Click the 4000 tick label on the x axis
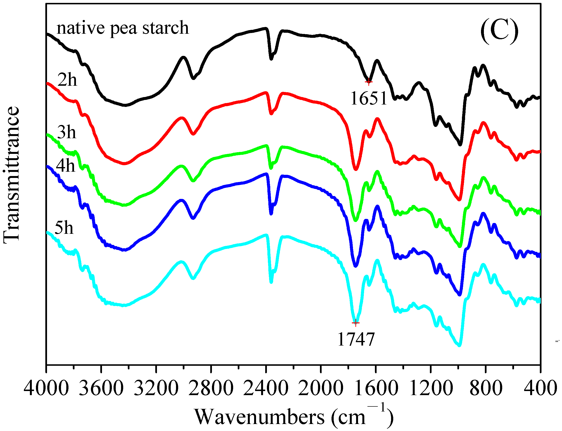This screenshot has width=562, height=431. (46, 388)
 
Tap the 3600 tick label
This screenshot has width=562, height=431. (101, 388)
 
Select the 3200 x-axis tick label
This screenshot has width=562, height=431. (156, 388)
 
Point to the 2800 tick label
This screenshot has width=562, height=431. (211, 388)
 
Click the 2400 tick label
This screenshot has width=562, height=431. (266, 388)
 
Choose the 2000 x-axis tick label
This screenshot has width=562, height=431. (321, 388)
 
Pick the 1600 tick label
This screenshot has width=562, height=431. (376, 388)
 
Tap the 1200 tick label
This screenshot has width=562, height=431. (431, 388)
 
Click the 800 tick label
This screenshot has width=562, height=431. (486, 388)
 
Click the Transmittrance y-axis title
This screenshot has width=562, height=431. (12, 175)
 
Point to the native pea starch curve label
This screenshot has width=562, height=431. (122, 28)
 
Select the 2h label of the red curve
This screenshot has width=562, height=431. (67, 80)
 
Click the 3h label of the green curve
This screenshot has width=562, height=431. (67, 132)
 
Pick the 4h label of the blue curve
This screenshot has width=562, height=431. (66, 165)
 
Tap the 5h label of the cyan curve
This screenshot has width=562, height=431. (64, 228)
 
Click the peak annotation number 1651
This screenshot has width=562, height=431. (369, 98)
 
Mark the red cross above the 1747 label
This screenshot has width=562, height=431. (355, 323)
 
